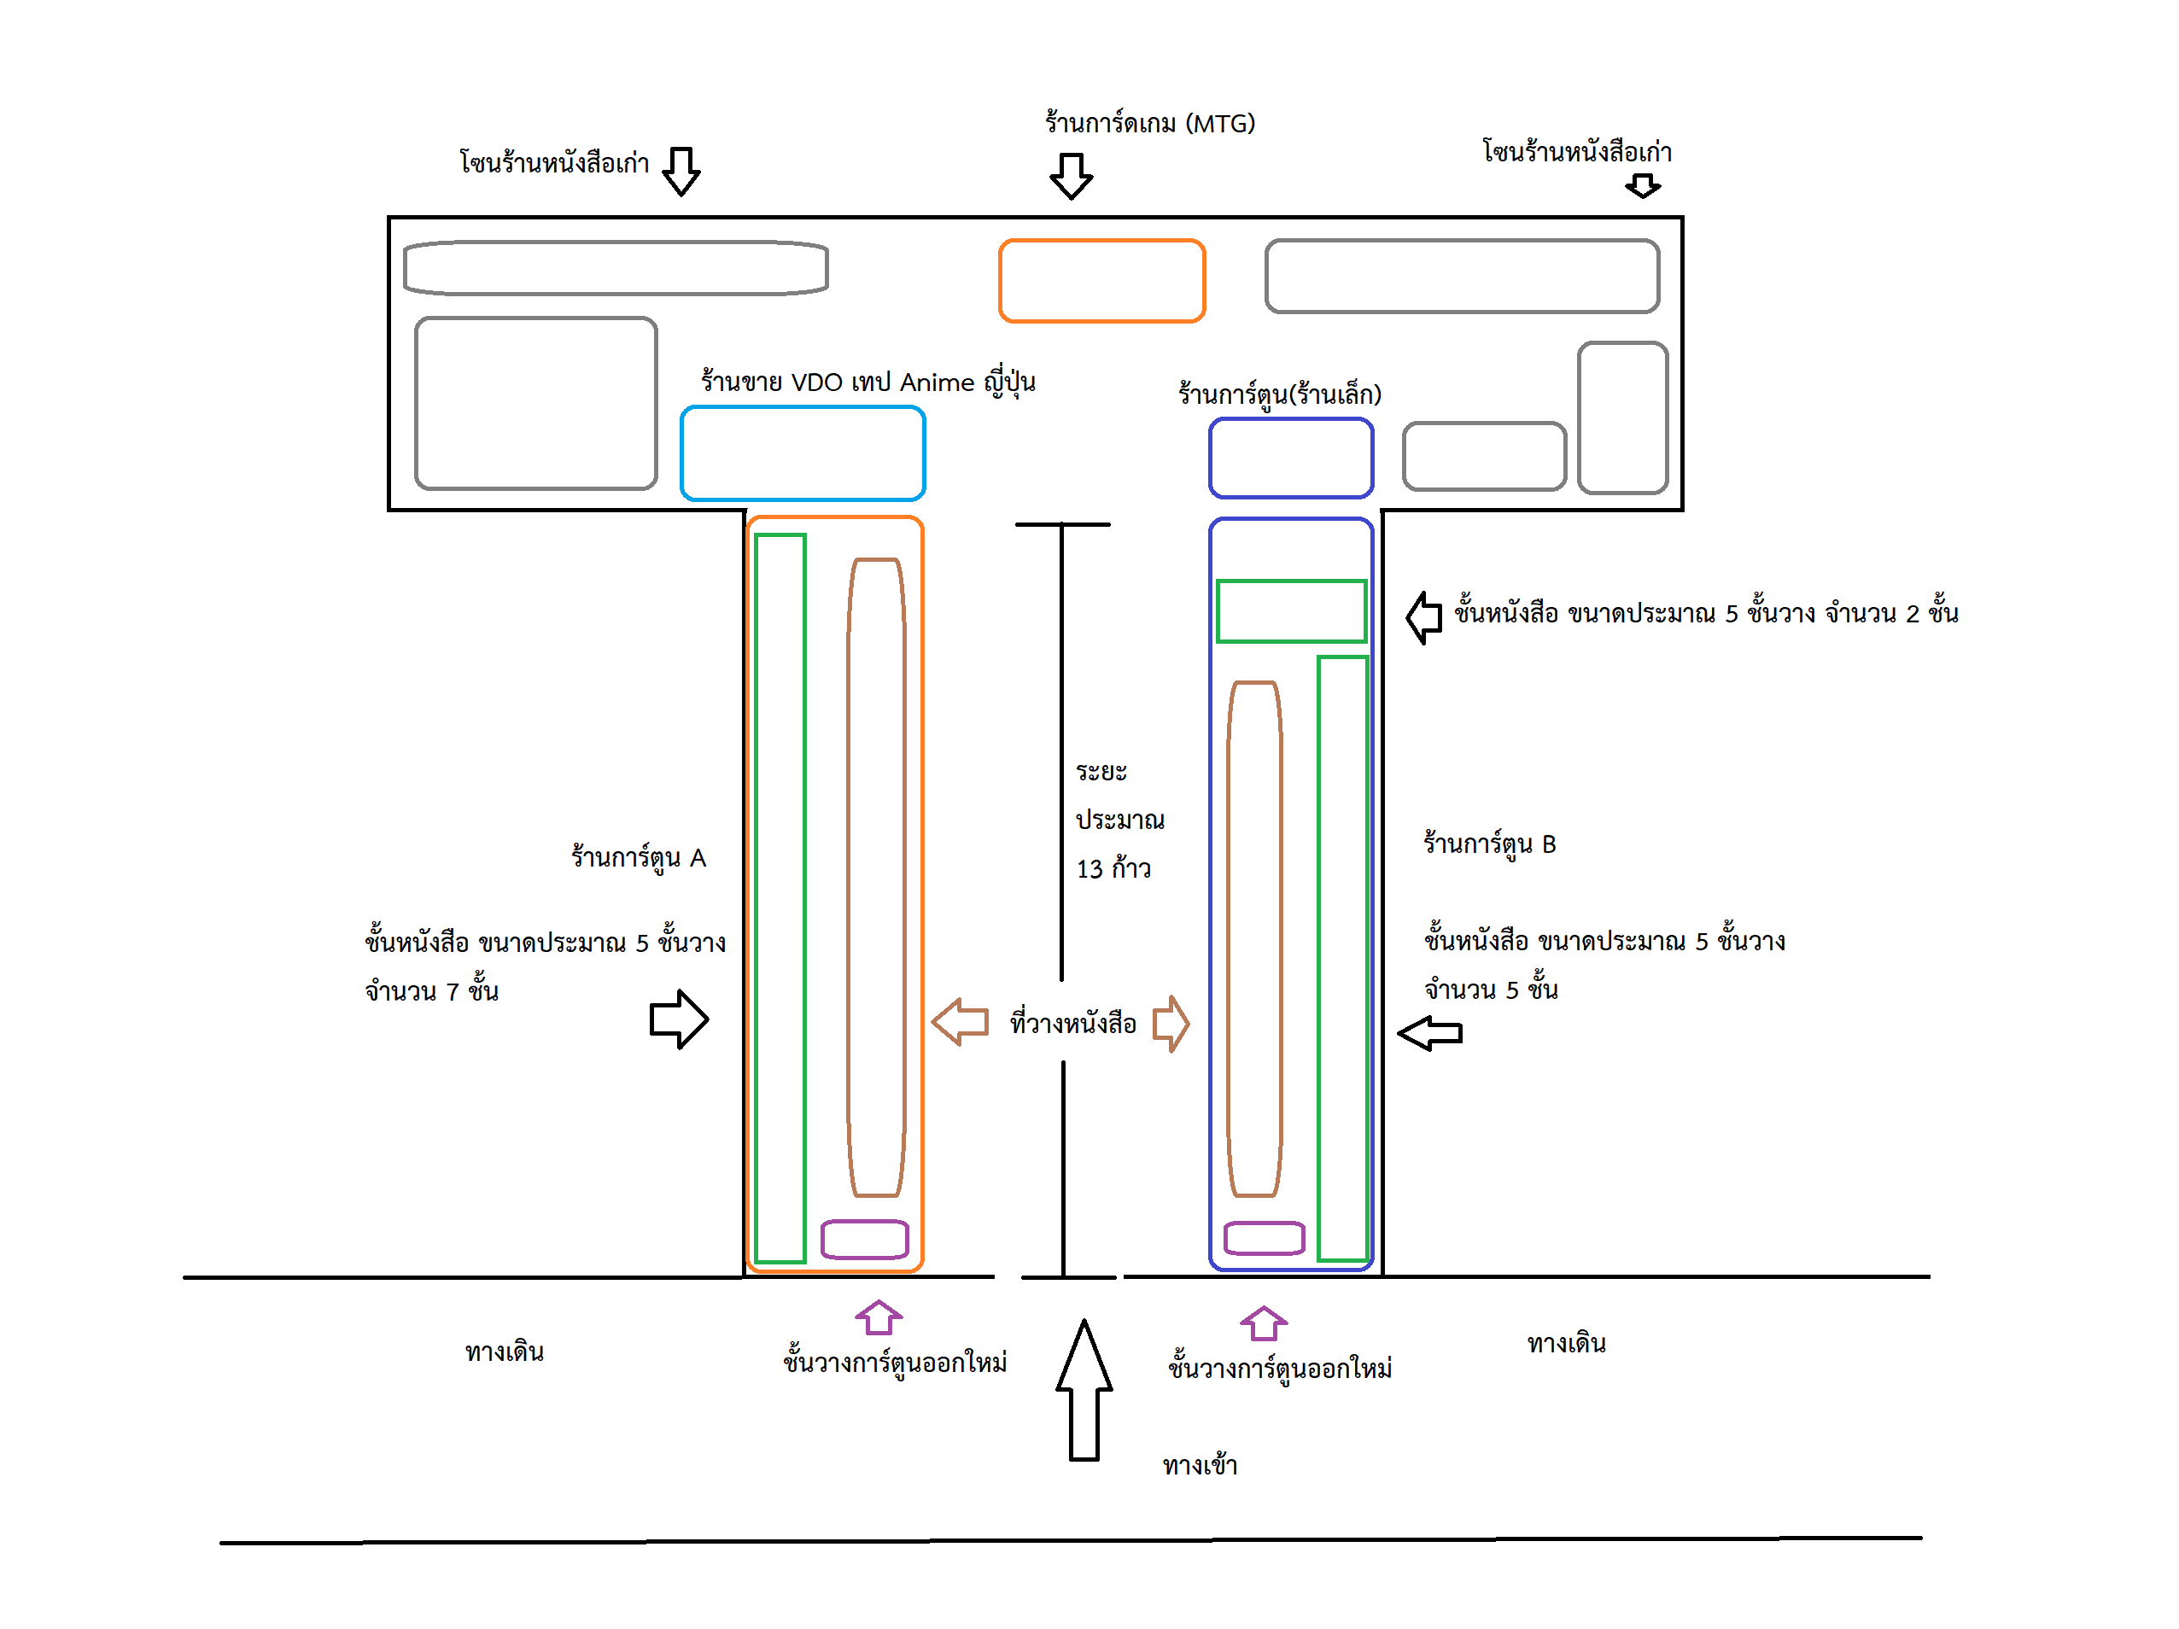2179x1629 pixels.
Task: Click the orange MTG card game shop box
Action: (x=1101, y=281)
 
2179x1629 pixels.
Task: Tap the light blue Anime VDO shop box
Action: (x=802, y=453)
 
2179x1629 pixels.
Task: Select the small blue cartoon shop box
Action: (x=1290, y=458)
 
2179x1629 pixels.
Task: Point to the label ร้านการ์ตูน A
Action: (x=639, y=858)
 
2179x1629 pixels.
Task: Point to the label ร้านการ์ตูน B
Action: (x=1489, y=844)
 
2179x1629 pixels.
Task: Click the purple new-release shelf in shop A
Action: (x=864, y=1239)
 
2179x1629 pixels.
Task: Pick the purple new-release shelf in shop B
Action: (x=1264, y=1238)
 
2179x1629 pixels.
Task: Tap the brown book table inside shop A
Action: (x=876, y=877)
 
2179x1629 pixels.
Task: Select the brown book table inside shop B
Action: (x=1254, y=937)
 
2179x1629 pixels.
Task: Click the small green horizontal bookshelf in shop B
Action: (x=1290, y=611)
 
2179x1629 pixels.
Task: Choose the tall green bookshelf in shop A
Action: (x=780, y=898)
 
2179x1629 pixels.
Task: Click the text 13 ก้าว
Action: (x=1113, y=868)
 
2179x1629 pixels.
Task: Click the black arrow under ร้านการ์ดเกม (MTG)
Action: (x=1071, y=175)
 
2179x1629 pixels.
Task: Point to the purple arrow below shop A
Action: (x=878, y=1317)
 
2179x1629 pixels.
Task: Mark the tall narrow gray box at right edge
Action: (x=1621, y=417)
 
